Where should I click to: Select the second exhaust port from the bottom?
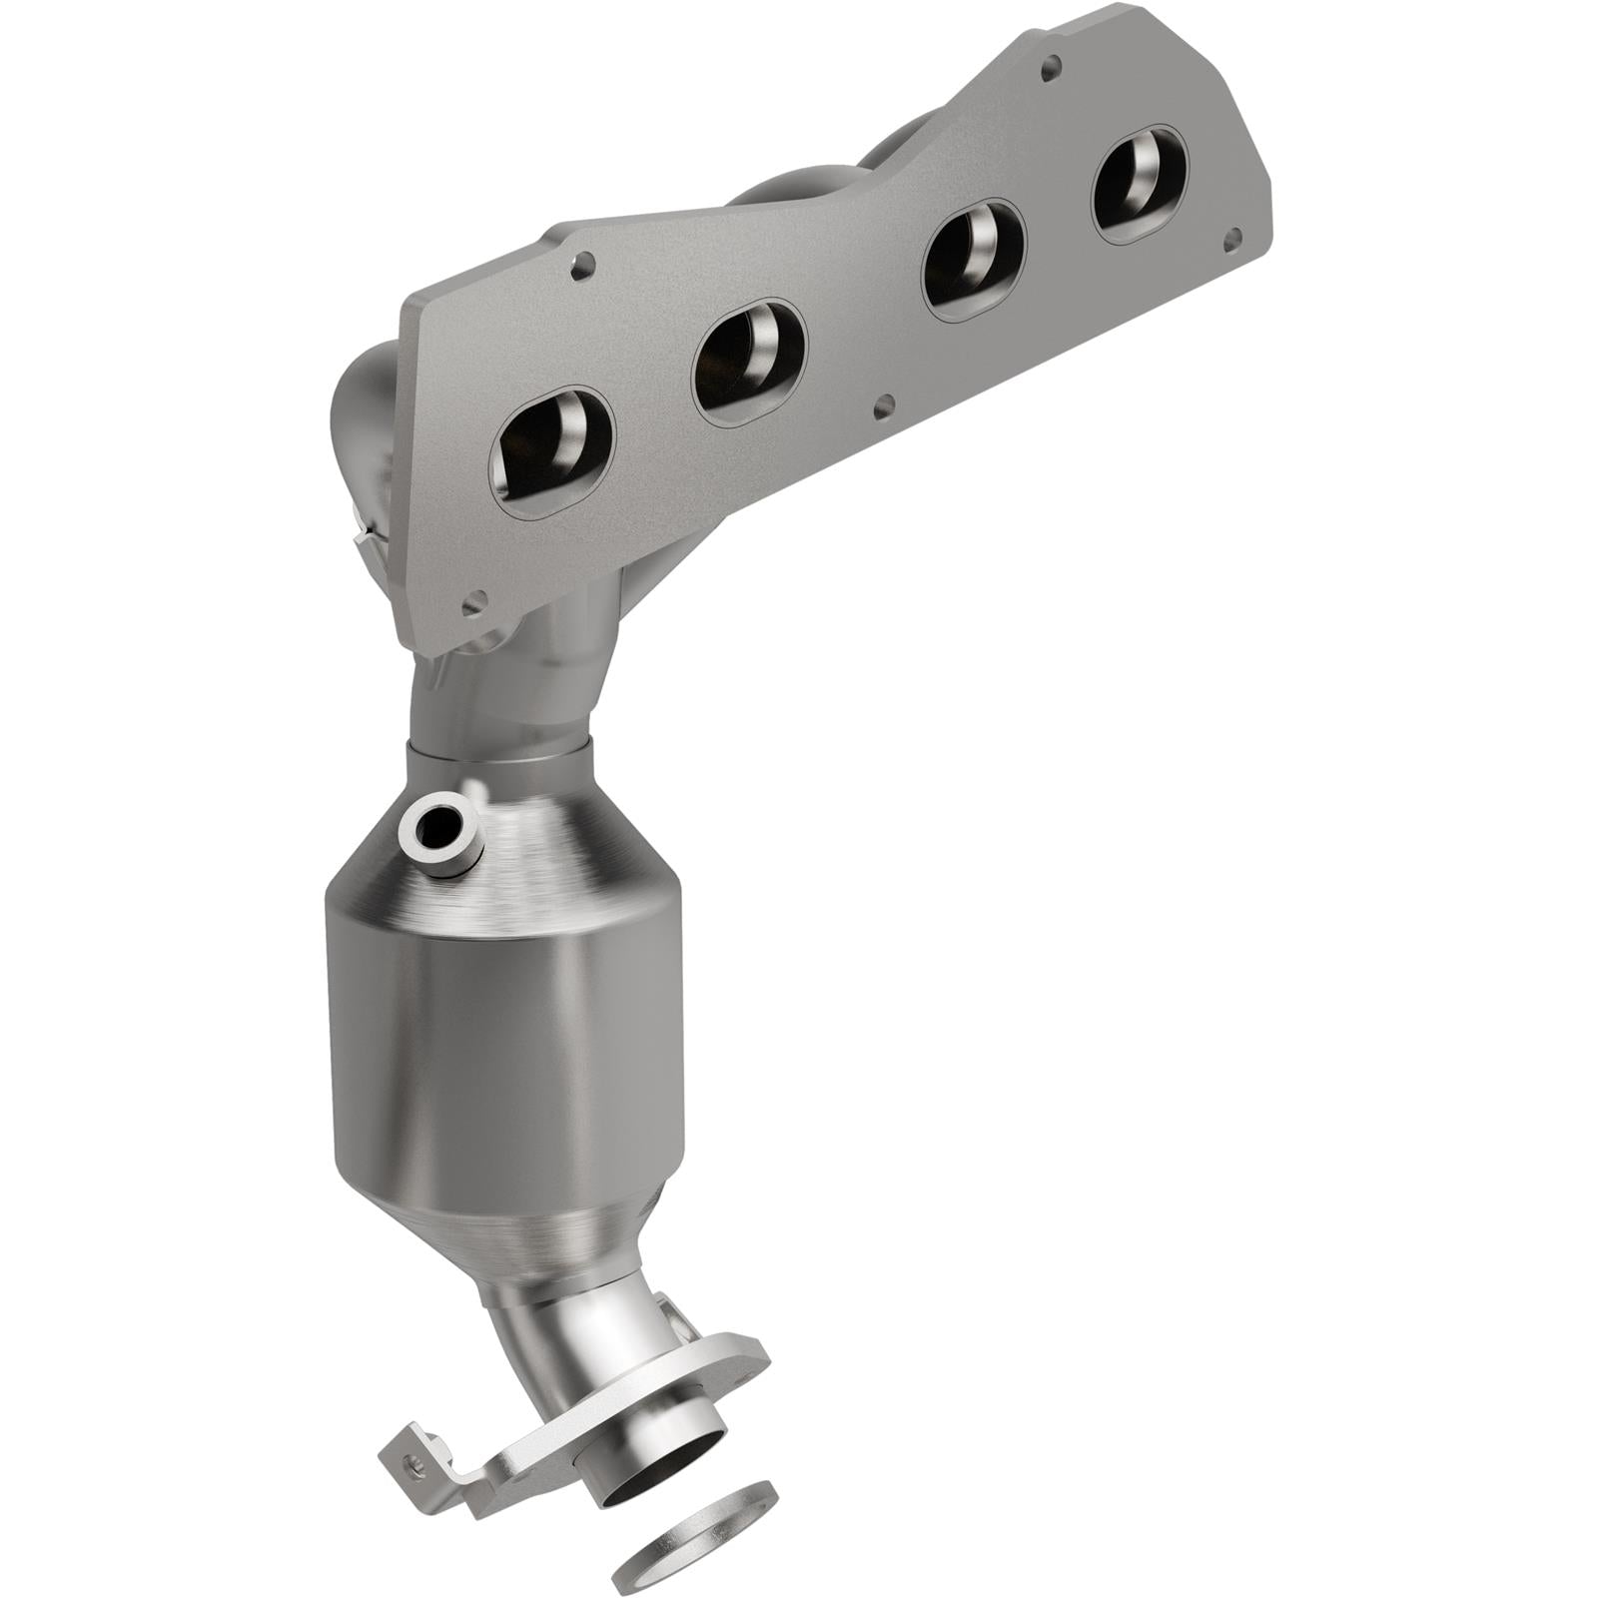click(750, 357)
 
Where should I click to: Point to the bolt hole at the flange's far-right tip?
click(1232, 238)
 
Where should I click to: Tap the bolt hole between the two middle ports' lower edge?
click(882, 407)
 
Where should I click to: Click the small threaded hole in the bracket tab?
click(409, 1460)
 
